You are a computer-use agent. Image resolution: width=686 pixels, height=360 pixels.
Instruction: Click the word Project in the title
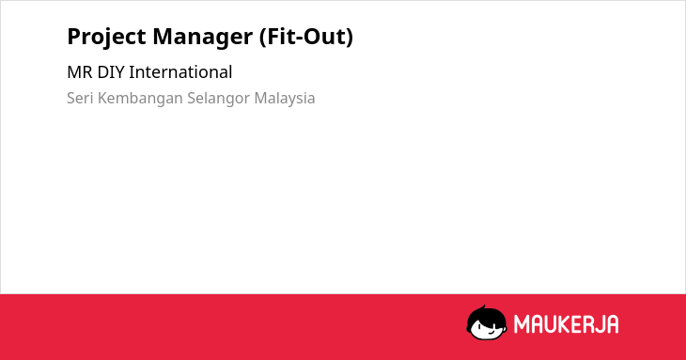[x=106, y=37]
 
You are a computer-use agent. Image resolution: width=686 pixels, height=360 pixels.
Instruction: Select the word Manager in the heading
[x=203, y=38]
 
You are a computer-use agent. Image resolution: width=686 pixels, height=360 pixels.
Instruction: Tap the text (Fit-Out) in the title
[x=306, y=37]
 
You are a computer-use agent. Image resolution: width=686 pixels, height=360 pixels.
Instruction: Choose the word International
[x=180, y=72]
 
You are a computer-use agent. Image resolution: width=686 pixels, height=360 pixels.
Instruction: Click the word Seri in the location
[x=80, y=98]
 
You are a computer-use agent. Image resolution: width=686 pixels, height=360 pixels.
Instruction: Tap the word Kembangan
[x=140, y=99]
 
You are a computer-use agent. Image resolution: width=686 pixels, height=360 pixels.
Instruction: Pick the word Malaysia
[x=285, y=99]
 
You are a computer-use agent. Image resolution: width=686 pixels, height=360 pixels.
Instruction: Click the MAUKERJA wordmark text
[x=566, y=324]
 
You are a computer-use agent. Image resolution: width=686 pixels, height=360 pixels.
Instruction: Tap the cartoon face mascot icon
[x=487, y=323]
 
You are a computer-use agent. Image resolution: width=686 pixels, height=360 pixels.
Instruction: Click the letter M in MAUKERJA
[x=522, y=324]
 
